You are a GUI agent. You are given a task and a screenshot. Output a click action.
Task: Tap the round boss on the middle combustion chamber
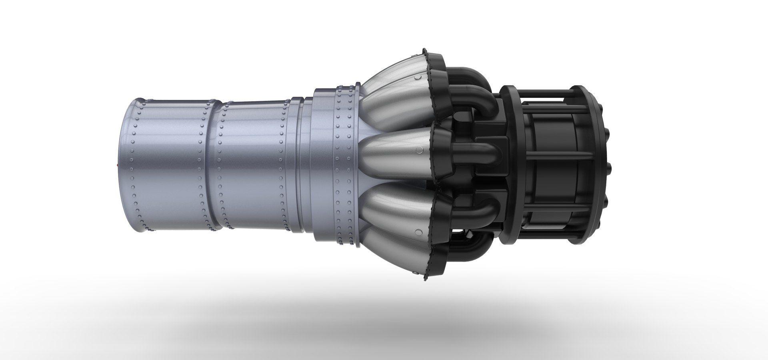pyautogui.click(x=419, y=150)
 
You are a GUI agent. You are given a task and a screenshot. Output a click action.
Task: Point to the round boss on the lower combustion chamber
pyautogui.click(x=419, y=232)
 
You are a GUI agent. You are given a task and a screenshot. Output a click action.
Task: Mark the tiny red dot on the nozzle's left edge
pyautogui.click(x=117, y=164)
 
